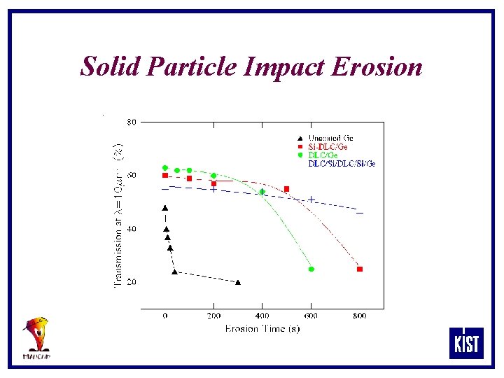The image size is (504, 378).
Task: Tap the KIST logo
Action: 466,343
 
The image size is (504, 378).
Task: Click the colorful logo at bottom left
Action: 36,337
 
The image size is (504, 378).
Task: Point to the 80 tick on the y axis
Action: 131,122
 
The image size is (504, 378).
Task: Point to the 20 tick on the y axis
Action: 131,282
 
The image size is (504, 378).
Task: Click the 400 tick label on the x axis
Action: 262,316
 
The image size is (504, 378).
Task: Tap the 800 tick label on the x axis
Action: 359,316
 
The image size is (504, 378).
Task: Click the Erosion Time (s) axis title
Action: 262,328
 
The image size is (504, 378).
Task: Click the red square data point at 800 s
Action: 360,269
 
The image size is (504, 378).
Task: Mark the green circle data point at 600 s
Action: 311,269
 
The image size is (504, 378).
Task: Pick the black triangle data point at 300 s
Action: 238,282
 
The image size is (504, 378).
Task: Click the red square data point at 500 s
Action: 286,189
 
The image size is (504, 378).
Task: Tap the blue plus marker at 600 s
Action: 311,199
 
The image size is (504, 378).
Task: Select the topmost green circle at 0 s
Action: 165,168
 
